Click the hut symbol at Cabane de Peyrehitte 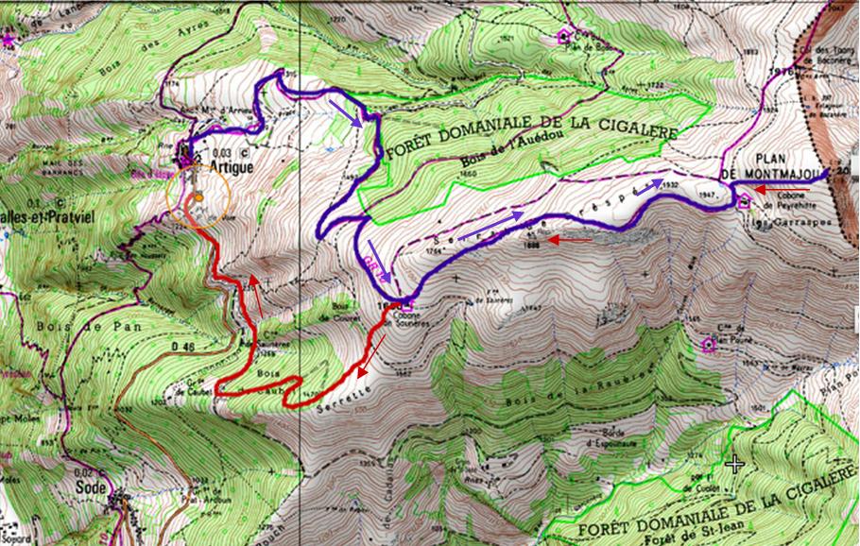(x=743, y=198)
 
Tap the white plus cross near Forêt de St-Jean (x=734, y=463)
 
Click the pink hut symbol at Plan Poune (x=709, y=345)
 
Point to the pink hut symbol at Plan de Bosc (x=564, y=36)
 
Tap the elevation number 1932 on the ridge (x=671, y=185)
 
